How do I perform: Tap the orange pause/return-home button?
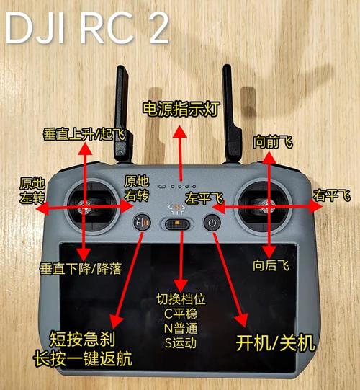(142, 223)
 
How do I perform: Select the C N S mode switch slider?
(176, 224)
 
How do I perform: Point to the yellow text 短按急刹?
(82, 339)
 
